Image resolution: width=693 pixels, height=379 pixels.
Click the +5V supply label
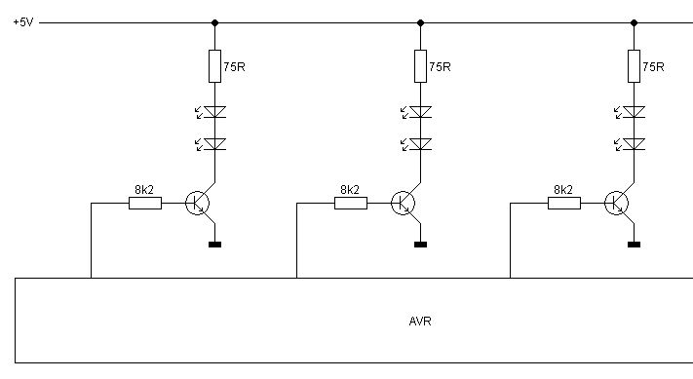pyautogui.click(x=23, y=22)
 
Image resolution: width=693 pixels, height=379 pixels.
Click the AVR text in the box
pyautogui.click(x=420, y=322)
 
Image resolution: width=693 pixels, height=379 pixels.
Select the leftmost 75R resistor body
pyautogui.click(x=214, y=66)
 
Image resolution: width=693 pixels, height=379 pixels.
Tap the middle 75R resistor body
pyautogui.click(x=420, y=66)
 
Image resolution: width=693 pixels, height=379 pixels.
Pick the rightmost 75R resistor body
pyautogui.click(x=634, y=66)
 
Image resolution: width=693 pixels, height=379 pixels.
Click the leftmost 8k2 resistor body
pyautogui.click(x=145, y=204)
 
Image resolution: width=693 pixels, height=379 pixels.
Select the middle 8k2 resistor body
pyautogui.click(x=351, y=204)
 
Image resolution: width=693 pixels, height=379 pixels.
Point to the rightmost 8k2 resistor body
pyautogui.click(x=564, y=204)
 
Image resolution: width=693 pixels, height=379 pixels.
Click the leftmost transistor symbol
pyautogui.click(x=198, y=204)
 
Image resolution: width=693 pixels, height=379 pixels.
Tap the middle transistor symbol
pyautogui.click(x=404, y=204)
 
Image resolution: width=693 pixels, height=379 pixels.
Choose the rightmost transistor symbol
pyautogui.click(x=617, y=204)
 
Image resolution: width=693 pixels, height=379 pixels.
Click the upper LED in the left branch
pyautogui.click(x=212, y=112)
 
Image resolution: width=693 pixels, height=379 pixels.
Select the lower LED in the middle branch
pyautogui.click(x=417, y=144)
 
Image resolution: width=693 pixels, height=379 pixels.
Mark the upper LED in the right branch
pyautogui.click(x=631, y=112)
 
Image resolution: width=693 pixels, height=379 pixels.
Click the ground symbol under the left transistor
pyautogui.click(x=214, y=245)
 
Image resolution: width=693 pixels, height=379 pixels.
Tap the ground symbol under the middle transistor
pyautogui.click(x=420, y=245)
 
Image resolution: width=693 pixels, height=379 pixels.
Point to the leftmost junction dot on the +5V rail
pyautogui.click(x=214, y=22)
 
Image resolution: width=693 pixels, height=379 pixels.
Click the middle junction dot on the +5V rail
pyautogui.click(x=420, y=22)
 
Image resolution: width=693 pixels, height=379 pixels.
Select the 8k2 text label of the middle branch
pyautogui.click(x=350, y=190)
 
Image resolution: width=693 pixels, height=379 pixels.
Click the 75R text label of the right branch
pyautogui.click(x=653, y=66)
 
